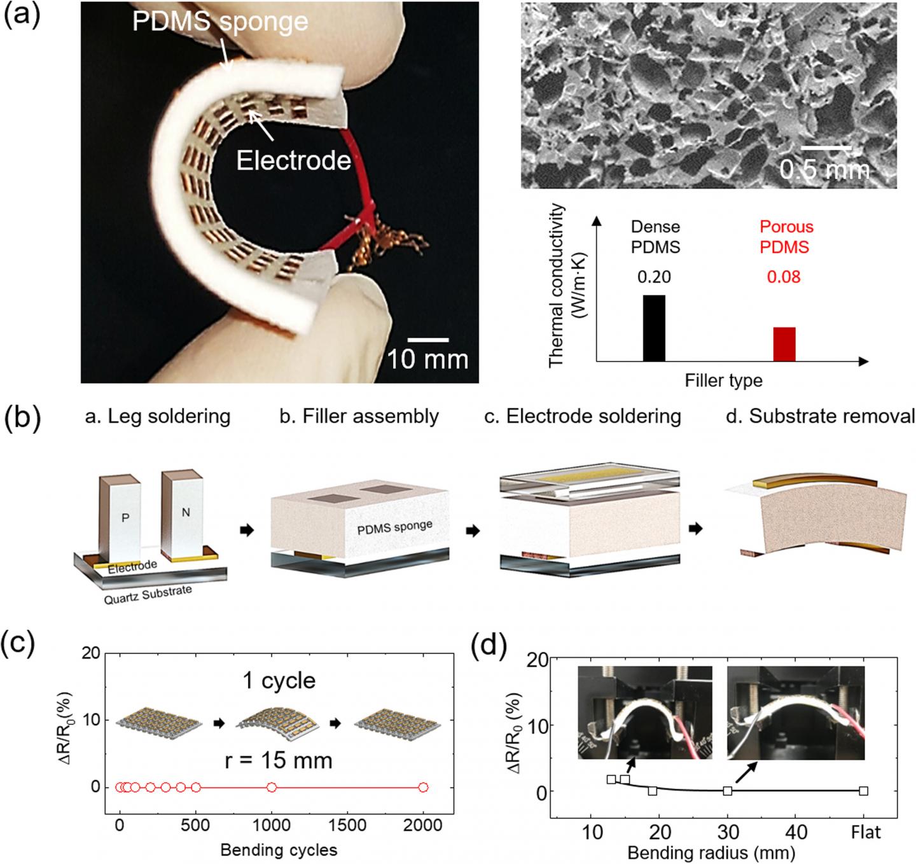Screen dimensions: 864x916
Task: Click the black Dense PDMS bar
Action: click(x=654, y=328)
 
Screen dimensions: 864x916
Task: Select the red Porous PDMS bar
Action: click(x=784, y=344)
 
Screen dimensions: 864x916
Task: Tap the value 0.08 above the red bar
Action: click(x=784, y=277)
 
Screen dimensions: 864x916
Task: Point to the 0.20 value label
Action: click(x=654, y=277)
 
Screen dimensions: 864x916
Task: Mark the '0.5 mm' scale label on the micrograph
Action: click(x=824, y=169)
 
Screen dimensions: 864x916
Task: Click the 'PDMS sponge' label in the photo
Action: click(x=220, y=22)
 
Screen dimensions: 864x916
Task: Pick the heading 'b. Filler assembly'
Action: click(x=359, y=416)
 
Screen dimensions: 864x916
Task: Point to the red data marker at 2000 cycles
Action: click(x=423, y=787)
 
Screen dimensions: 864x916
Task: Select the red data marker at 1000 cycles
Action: click(x=272, y=787)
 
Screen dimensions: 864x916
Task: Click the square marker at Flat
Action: click(x=863, y=791)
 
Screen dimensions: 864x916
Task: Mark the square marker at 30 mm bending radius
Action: click(x=728, y=791)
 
